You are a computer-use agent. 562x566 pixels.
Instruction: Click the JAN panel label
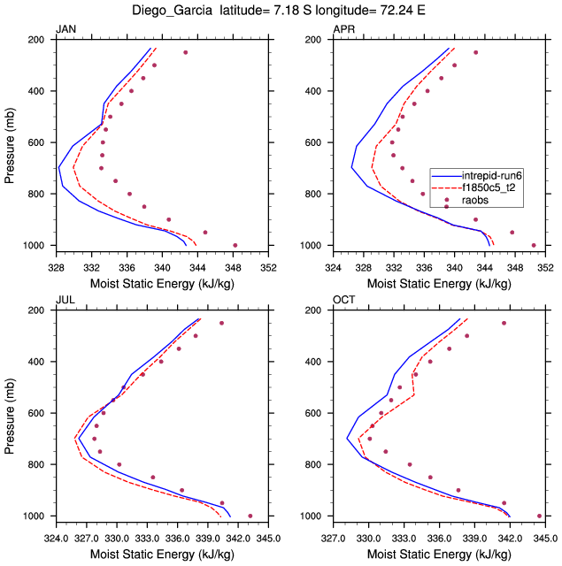point(66,30)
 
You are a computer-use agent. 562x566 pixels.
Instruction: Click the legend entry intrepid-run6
point(492,176)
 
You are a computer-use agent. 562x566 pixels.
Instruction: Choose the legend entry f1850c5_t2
point(492,188)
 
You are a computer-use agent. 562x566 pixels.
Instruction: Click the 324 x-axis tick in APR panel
point(333,264)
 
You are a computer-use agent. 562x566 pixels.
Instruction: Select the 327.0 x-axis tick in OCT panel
point(333,535)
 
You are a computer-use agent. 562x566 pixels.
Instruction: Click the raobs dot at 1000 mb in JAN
point(235,245)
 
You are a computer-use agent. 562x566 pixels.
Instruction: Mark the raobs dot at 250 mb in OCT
point(504,323)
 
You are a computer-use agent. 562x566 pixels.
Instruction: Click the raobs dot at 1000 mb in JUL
point(250,516)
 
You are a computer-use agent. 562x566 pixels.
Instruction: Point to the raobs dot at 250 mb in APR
point(475,52)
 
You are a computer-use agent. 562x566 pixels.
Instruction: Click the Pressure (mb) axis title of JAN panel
point(11,142)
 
